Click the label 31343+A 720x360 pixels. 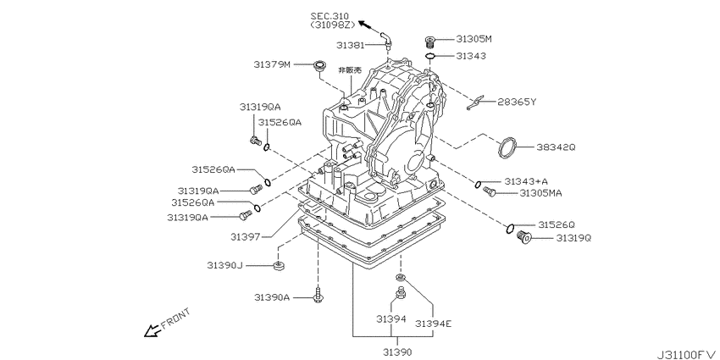point(526,181)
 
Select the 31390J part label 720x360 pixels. point(224,266)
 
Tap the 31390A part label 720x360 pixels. point(272,297)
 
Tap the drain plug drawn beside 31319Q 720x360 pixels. point(523,239)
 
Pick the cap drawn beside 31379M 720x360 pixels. point(321,64)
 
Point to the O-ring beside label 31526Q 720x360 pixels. point(510,227)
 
